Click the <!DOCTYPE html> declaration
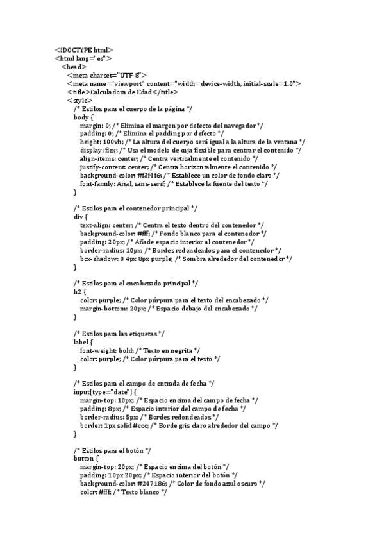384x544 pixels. pyautogui.click(x=84, y=49)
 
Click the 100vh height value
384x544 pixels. pyautogui.click(x=113, y=141)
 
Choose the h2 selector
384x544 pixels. pyautogui.click(x=78, y=291)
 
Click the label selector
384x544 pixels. pyautogui.click(x=81, y=341)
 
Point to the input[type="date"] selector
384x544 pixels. pyautogui.click(x=103, y=391)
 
